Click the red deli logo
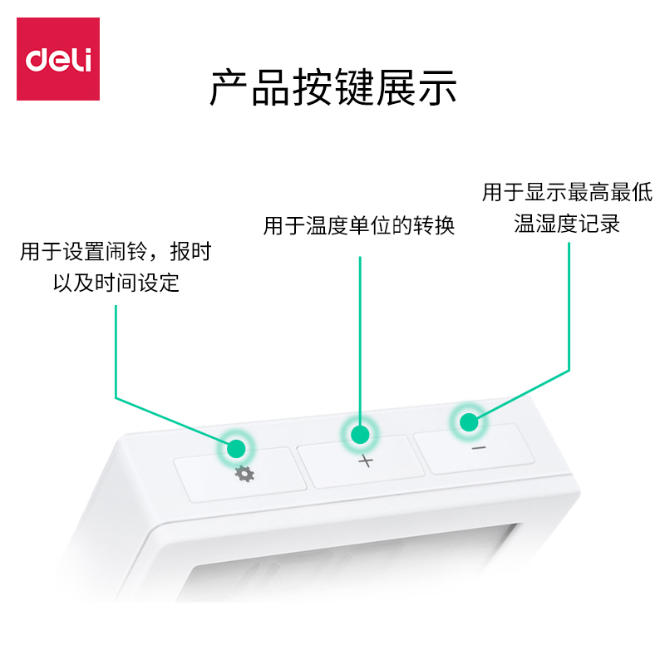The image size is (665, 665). point(58,59)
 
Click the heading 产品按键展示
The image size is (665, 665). point(332,88)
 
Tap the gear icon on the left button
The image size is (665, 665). point(245,475)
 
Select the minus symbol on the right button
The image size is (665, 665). point(478,448)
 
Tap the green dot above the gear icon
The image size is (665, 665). point(236,449)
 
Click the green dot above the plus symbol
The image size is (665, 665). point(360,434)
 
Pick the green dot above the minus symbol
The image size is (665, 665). point(469,421)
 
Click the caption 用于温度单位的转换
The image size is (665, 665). point(359,226)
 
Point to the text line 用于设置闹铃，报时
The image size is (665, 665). point(116,252)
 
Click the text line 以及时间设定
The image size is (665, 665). point(116,283)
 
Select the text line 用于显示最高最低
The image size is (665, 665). point(567,193)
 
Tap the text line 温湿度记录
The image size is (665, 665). point(567,224)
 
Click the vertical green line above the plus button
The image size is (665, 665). point(360,332)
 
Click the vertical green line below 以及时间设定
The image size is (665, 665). point(116,349)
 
